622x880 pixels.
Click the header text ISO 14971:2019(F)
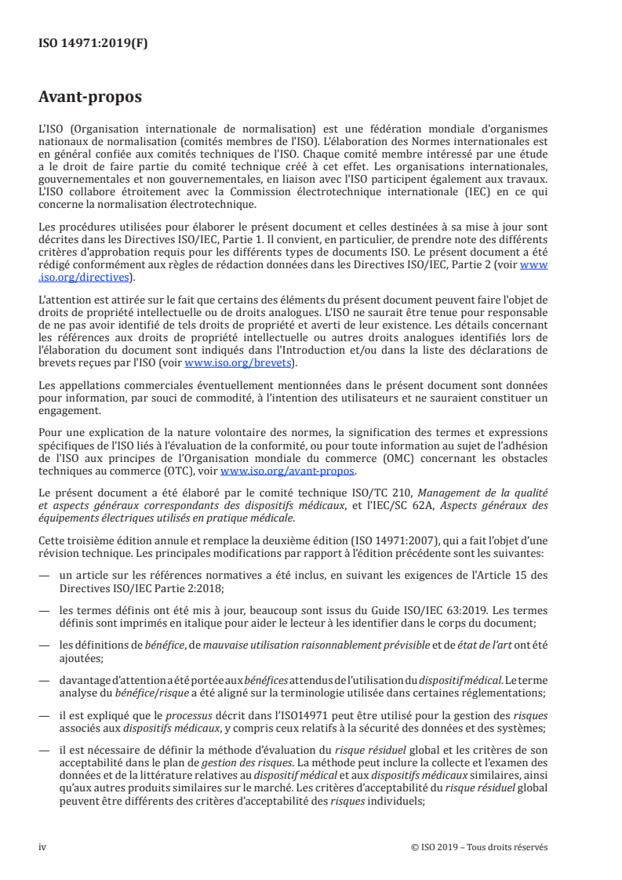point(93,44)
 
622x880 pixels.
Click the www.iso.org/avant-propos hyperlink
point(288,471)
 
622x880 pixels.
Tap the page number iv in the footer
point(42,847)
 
